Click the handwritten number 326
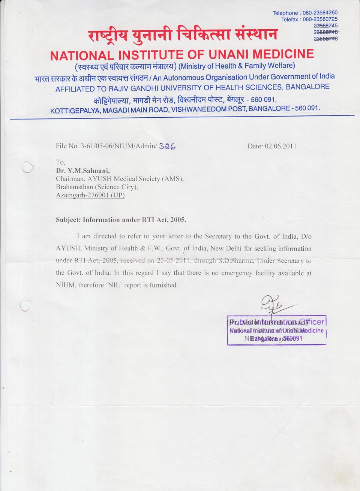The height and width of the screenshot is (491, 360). (x=167, y=147)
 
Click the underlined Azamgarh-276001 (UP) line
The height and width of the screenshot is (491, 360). (x=90, y=195)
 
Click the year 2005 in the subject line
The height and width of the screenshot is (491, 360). (x=178, y=220)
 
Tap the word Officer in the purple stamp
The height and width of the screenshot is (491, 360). (x=311, y=322)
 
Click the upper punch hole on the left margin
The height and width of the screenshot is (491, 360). (x=27, y=168)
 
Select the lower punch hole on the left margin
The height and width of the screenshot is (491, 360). (x=25, y=306)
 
